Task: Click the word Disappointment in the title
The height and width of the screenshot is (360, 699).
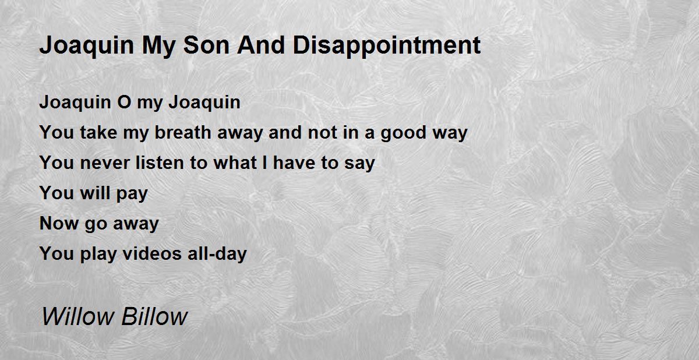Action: (387, 46)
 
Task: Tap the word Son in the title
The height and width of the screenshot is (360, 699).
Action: (206, 45)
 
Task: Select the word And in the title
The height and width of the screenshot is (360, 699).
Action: (261, 45)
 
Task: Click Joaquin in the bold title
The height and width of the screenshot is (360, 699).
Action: (87, 47)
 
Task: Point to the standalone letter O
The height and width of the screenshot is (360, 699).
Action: (124, 102)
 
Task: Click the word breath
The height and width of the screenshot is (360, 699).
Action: (183, 132)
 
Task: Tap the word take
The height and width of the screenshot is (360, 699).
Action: (98, 132)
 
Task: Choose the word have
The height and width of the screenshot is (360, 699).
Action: (294, 163)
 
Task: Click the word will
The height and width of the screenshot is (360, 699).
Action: (95, 193)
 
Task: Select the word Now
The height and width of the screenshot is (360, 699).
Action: (59, 223)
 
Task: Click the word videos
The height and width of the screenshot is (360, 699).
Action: (152, 253)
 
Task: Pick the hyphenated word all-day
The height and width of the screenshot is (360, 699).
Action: (217, 254)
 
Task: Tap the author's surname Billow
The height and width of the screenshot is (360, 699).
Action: (154, 317)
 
